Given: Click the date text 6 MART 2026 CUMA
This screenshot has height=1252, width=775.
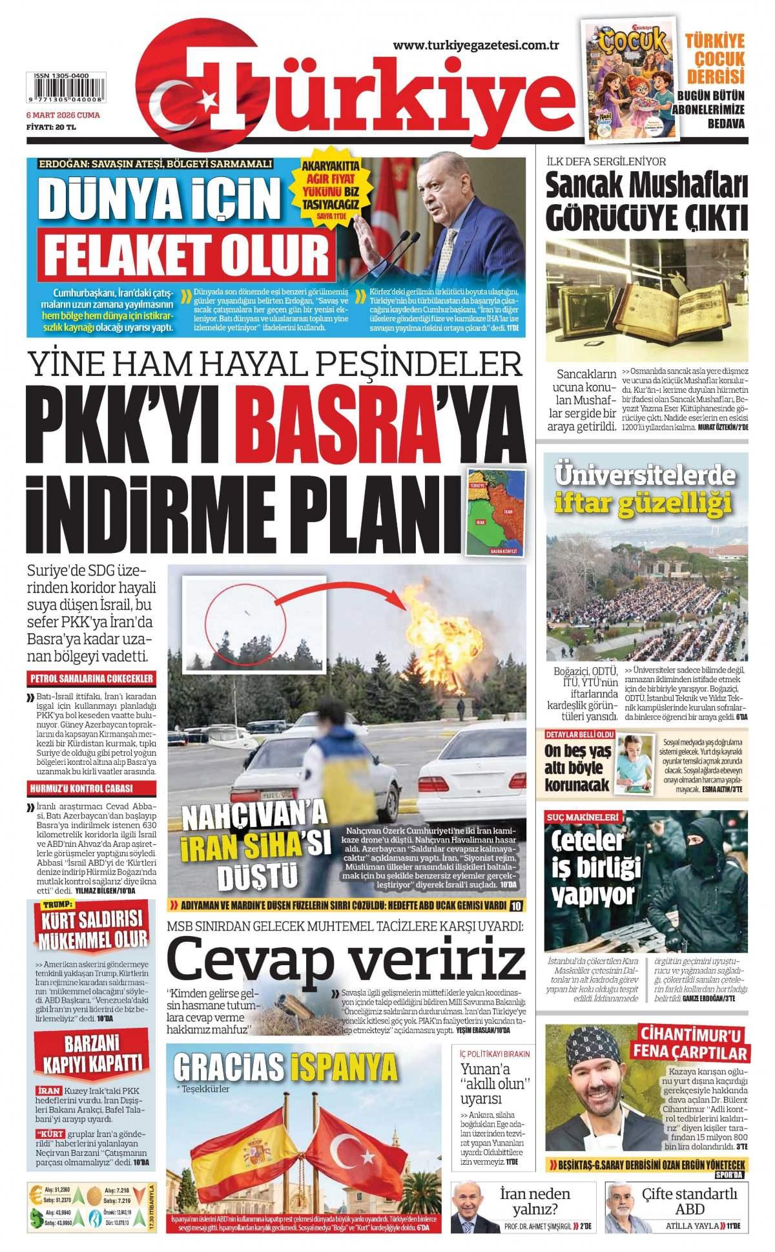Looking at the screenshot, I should click(62, 114).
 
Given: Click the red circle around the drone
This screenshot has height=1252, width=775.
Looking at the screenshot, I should click(245, 624).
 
